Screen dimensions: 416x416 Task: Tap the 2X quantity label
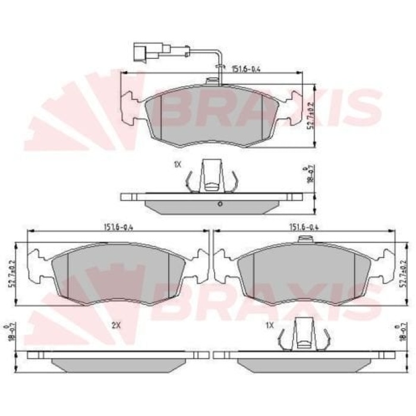(x=116, y=326)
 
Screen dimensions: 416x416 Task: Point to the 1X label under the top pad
(x=177, y=165)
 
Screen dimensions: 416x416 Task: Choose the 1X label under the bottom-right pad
(x=269, y=326)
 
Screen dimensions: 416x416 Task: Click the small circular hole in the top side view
(x=220, y=204)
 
